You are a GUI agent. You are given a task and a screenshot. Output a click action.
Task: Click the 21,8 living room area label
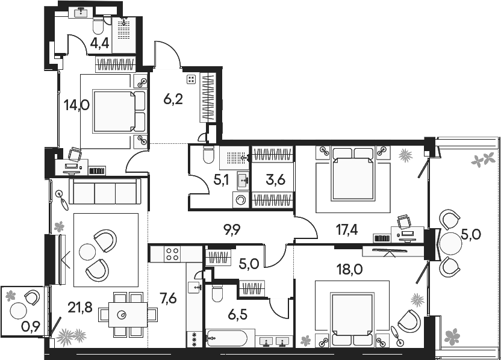(x=80, y=308)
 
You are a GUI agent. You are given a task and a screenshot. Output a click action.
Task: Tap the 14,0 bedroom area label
(x=76, y=105)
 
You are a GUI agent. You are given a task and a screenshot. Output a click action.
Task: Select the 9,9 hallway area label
(x=232, y=230)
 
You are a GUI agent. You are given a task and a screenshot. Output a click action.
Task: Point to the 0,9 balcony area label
(x=30, y=327)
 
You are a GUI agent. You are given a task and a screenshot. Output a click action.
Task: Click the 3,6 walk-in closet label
(x=275, y=180)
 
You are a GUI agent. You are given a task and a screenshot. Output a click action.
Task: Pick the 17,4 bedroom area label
(x=347, y=230)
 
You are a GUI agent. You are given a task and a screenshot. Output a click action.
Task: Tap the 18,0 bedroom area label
(x=350, y=270)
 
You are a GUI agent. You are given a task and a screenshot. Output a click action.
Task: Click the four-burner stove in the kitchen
(x=172, y=254)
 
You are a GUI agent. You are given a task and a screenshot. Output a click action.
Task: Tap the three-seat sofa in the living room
(x=105, y=191)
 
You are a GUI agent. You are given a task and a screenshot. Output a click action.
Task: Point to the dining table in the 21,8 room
(x=128, y=315)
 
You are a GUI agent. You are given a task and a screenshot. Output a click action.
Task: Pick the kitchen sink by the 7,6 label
(x=194, y=287)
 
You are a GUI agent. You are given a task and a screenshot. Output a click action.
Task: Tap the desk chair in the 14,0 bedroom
(x=75, y=154)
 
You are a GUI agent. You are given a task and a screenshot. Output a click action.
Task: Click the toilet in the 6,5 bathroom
(x=218, y=294)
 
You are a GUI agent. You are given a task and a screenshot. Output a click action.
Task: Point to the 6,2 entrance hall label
(x=173, y=100)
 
